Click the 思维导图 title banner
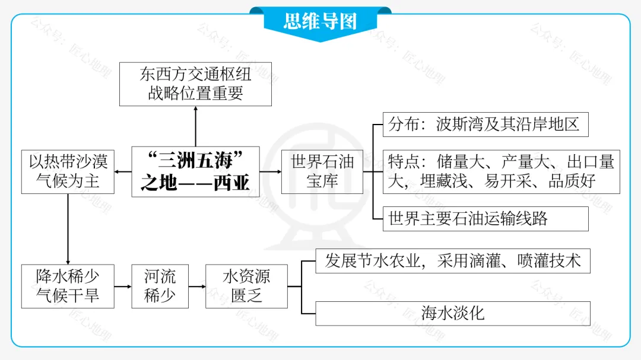point(320,21)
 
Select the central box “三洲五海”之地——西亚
point(195,171)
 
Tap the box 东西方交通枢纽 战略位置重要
point(195,84)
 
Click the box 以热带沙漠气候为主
point(68,171)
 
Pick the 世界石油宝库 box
point(322,171)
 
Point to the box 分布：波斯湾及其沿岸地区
point(485,125)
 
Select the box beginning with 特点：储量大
point(501,171)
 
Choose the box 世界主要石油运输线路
point(485,219)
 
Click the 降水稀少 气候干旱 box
point(68,286)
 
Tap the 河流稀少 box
point(160,286)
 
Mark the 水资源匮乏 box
point(246,286)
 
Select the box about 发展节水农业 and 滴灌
point(452,261)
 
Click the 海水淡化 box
point(452,313)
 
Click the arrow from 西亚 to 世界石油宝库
point(270,171)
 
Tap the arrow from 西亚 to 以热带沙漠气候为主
point(123,171)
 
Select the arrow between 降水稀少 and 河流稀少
point(122,286)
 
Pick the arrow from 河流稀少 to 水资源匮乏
point(197,286)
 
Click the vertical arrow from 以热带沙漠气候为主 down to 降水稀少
point(68,228)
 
